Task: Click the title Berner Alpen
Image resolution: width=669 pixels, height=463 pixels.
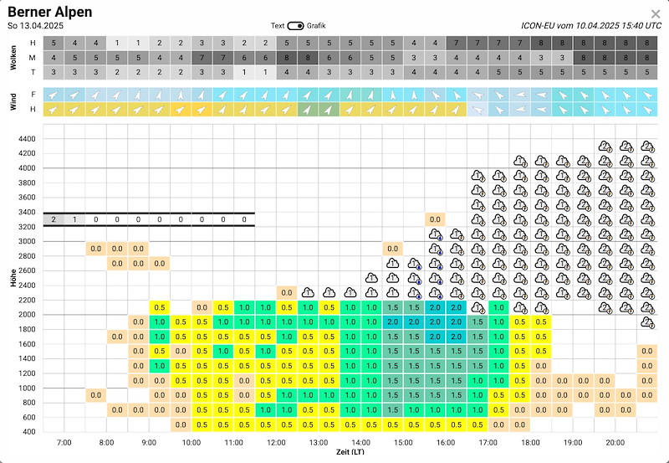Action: point(50,12)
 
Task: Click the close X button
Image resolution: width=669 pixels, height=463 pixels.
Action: point(655,13)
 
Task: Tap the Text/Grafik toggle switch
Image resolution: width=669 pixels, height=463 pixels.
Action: point(296,25)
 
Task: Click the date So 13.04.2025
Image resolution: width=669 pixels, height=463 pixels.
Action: point(35,26)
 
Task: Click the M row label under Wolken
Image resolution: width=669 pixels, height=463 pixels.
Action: point(33,58)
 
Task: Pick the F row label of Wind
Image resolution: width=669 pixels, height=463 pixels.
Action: point(33,95)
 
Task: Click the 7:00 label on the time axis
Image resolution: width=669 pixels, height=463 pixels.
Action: point(64,441)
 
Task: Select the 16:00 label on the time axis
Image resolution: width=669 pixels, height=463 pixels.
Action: point(446,441)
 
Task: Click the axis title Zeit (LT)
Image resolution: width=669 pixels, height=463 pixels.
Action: point(350,451)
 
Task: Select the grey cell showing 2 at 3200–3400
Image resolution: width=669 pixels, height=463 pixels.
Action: point(54,219)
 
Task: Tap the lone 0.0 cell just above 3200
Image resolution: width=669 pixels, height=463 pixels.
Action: point(435,219)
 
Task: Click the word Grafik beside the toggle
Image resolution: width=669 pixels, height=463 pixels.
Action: point(316,25)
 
